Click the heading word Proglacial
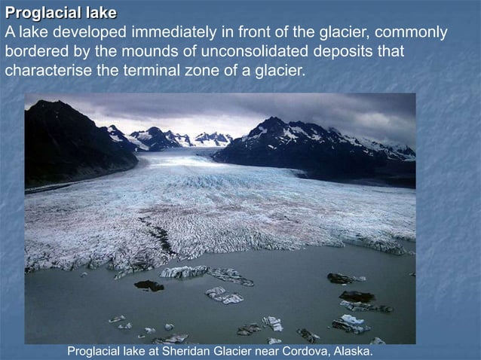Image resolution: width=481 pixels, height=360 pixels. coord(42,14)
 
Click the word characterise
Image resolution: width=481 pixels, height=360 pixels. coord(46,72)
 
